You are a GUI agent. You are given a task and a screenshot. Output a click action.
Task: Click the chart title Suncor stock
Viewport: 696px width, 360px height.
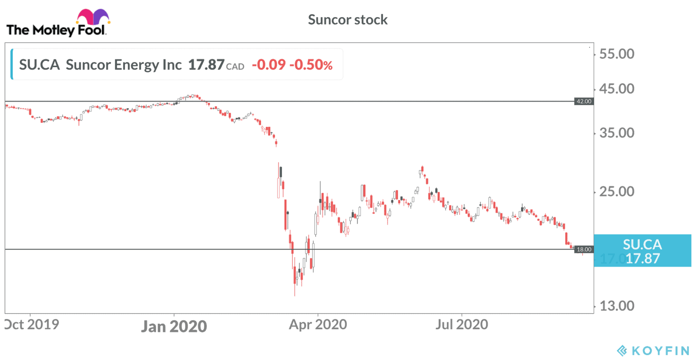[x=348, y=19]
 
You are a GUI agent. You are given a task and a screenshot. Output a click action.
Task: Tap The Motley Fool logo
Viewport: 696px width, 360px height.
[x=57, y=25]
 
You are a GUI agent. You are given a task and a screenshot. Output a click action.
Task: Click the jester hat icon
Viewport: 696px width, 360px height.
[x=93, y=17]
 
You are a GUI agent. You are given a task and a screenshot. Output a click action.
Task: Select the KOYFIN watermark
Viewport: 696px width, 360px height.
[x=653, y=350]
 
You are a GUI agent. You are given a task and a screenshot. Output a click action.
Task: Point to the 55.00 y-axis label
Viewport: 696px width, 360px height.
[x=616, y=54]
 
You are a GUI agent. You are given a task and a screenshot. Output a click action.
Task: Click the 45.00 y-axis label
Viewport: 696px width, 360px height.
[x=616, y=89]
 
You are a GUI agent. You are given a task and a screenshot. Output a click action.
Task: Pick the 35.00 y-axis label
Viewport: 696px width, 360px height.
[x=616, y=133]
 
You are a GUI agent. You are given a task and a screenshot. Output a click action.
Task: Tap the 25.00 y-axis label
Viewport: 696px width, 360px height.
[x=616, y=191]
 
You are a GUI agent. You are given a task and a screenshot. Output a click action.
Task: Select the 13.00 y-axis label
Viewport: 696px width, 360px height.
[x=616, y=306]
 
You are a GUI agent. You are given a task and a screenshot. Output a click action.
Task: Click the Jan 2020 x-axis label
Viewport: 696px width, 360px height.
[x=174, y=326]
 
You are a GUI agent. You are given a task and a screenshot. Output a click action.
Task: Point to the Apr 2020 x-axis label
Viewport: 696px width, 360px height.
[x=318, y=325]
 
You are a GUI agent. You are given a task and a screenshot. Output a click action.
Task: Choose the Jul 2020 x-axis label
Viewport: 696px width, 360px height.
[x=461, y=325]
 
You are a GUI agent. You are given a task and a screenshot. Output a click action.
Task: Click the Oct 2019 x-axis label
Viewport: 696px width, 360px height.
[x=32, y=325]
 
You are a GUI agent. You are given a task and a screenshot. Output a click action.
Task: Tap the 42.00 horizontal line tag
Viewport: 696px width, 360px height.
[x=584, y=101]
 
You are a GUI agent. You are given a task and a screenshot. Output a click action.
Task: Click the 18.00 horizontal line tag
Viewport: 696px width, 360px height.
[x=584, y=249]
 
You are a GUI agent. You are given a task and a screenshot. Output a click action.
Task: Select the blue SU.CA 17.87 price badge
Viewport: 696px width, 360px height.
[x=642, y=251]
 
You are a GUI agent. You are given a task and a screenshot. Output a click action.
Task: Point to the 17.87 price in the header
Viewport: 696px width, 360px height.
[x=206, y=65]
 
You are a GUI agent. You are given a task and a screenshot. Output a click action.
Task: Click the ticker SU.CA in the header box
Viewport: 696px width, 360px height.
[x=39, y=65]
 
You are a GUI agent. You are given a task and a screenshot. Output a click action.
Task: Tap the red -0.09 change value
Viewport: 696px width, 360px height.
[x=268, y=65]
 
